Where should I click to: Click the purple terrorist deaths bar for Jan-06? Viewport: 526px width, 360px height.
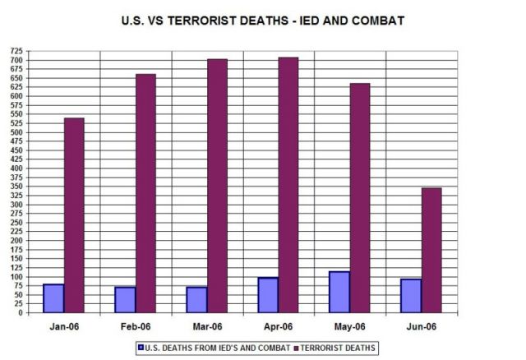pyautogui.click(x=74, y=215)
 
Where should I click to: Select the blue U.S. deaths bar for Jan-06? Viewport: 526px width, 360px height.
pyautogui.click(x=53, y=298)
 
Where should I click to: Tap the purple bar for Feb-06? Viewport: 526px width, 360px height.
pyautogui.click(x=145, y=193)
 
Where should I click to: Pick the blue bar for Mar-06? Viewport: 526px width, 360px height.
pyautogui.click(x=196, y=300)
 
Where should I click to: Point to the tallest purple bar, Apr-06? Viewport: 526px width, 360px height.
pyautogui.click(x=288, y=185)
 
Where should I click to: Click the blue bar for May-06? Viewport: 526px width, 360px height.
pyautogui.click(x=339, y=292)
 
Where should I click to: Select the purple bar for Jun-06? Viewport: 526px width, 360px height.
pyautogui.click(x=431, y=250)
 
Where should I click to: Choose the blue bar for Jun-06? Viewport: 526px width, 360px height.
pyautogui.click(x=410, y=296)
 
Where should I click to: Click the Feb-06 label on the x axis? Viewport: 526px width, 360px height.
pyautogui.click(x=136, y=326)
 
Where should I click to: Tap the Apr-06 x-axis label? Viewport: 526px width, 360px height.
pyautogui.click(x=279, y=326)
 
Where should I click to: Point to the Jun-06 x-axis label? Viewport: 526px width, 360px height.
pyautogui.click(x=421, y=326)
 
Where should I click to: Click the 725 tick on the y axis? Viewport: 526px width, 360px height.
pyautogui.click(x=16, y=51)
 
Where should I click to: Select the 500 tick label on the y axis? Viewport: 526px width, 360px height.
pyautogui.click(x=16, y=132)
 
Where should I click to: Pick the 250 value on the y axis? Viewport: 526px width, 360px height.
pyautogui.click(x=16, y=223)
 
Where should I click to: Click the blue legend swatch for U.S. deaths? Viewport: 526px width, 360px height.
pyautogui.click(x=142, y=348)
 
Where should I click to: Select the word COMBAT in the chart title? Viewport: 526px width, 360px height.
pyautogui.click(x=376, y=21)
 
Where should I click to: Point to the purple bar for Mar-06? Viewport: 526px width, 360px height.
pyautogui.click(x=217, y=186)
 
